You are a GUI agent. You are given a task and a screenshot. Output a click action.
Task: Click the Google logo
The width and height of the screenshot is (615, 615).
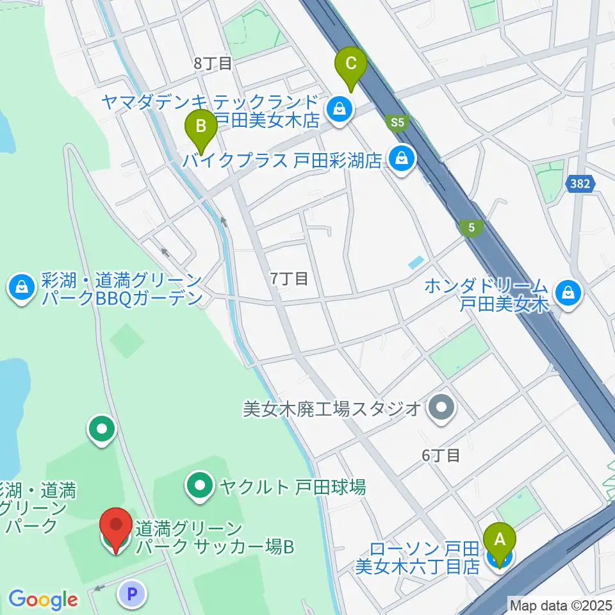click(44, 600)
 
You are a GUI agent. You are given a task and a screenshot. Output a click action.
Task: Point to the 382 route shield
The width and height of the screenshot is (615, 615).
click(580, 184)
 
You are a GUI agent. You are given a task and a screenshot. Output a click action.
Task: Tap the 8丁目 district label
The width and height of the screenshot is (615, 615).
click(212, 63)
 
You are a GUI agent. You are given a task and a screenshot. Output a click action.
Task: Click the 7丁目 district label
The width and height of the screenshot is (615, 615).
click(289, 278)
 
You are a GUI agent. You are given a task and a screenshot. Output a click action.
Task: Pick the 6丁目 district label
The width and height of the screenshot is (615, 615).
click(441, 455)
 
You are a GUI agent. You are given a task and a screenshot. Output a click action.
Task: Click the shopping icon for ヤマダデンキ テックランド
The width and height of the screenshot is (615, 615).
click(338, 109)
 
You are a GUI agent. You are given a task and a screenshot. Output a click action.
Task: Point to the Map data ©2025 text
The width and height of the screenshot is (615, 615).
click(561, 604)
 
